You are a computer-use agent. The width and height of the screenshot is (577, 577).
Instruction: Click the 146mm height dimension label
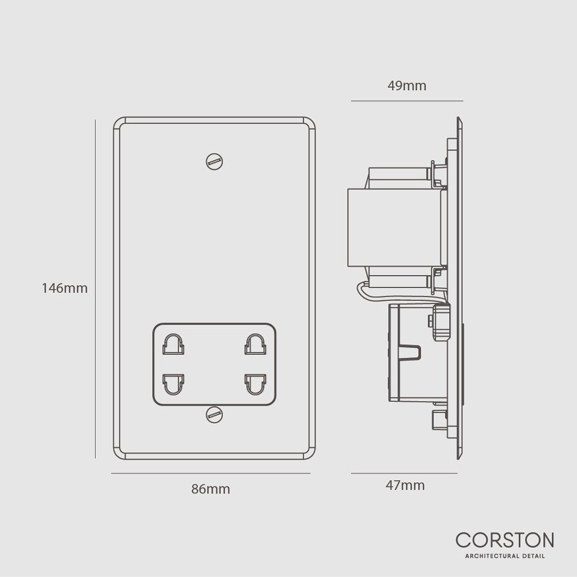pyautogui.click(x=65, y=288)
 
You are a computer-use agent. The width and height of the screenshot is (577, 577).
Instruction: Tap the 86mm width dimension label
pyautogui.click(x=211, y=489)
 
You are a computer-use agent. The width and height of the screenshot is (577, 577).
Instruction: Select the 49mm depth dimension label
pyautogui.click(x=407, y=86)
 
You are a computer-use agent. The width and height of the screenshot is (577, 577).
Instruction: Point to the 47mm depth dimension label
pyautogui.click(x=406, y=485)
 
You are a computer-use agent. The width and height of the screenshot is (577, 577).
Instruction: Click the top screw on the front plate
pyautogui.click(x=215, y=162)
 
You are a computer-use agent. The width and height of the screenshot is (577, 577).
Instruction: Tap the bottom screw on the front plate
pyautogui.click(x=215, y=415)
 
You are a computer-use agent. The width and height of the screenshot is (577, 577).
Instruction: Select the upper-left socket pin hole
pyautogui.click(x=174, y=344)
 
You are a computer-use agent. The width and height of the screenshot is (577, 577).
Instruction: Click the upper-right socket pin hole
pyautogui.click(x=255, y=344)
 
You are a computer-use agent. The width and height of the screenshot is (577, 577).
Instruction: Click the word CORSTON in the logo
pyautogui.click(x=504, y=540)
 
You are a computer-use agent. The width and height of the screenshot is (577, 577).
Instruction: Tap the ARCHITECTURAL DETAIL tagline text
pyautogui.click(x=504, y=557)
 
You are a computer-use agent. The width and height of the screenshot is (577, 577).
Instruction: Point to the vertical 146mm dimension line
pyautogui.click(x=95, y=288)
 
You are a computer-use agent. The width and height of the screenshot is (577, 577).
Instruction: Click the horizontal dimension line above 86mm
pyautogui.click(x=211, y=473)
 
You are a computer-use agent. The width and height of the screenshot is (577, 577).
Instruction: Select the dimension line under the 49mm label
pyautogui.click(x=407, y=101)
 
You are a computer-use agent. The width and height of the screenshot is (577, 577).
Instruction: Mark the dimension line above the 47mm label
pyautogui.click(x=403, y=473)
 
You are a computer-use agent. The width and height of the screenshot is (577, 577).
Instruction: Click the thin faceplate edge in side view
pyautogui.click(x=459, y=287)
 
